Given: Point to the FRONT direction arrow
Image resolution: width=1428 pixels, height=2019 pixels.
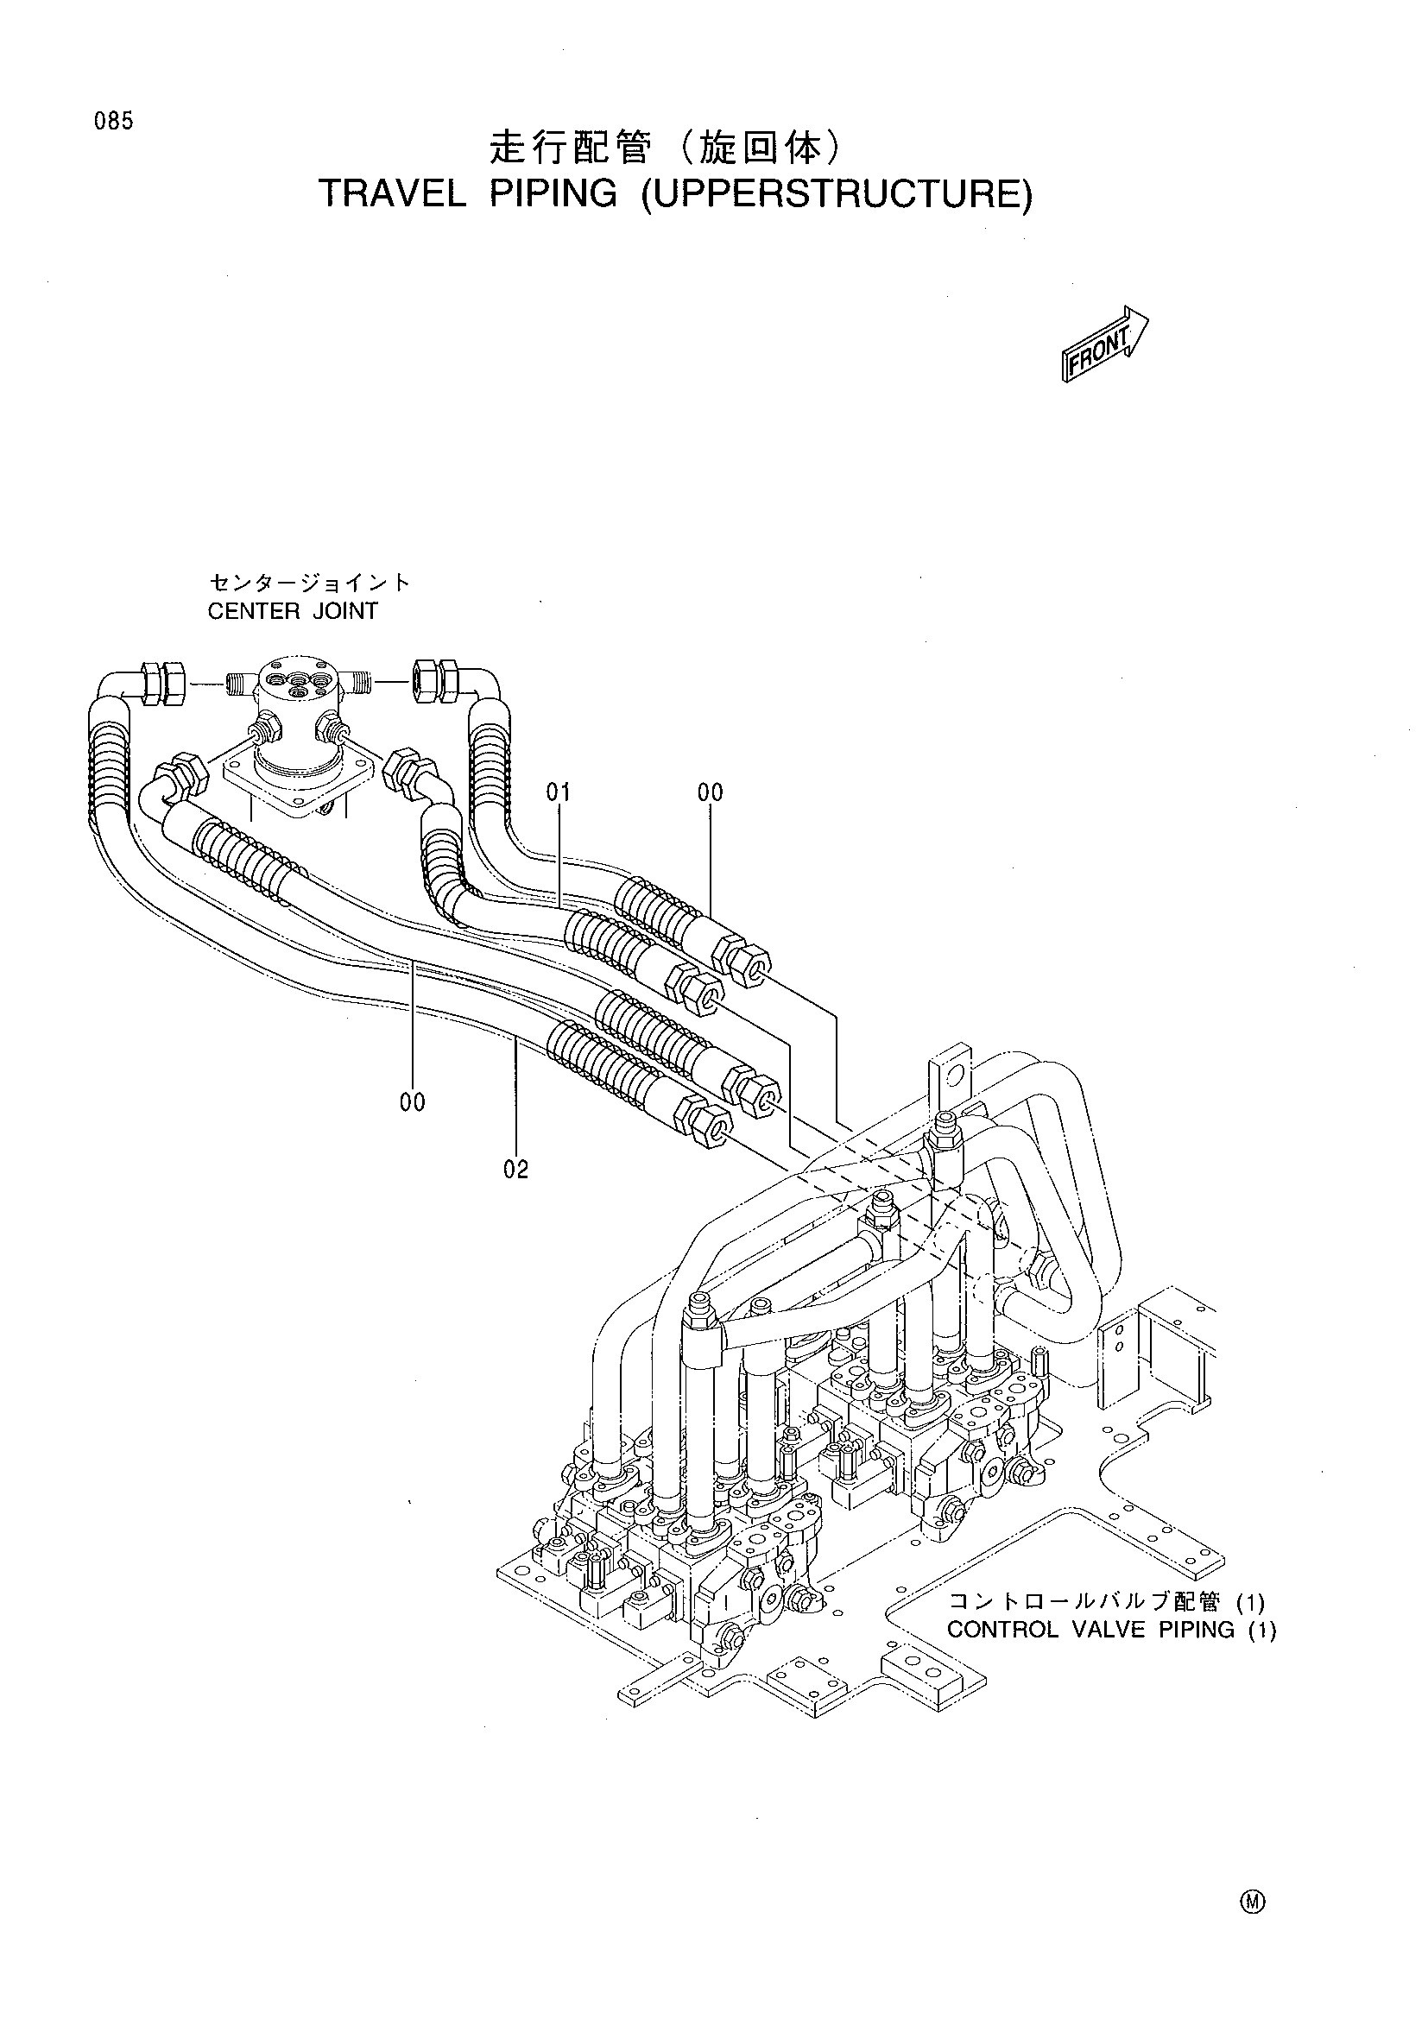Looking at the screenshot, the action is click(x=1104, y=341).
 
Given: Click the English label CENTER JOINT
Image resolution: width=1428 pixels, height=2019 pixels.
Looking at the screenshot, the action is click(x=293, y=611).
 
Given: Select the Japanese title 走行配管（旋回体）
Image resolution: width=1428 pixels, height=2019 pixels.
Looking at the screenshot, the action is click(x=666, y=148).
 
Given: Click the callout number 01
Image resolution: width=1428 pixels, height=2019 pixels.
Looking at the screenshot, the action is click(x=559, y=793).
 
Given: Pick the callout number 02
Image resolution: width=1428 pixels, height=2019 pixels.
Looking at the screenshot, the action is click(x=516, y=1170).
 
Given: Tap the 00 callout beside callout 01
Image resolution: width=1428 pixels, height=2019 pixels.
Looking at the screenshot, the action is click(x=711, y=793).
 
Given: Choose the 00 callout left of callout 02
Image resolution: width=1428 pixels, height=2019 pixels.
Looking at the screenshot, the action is click(x=413, y=1101).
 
